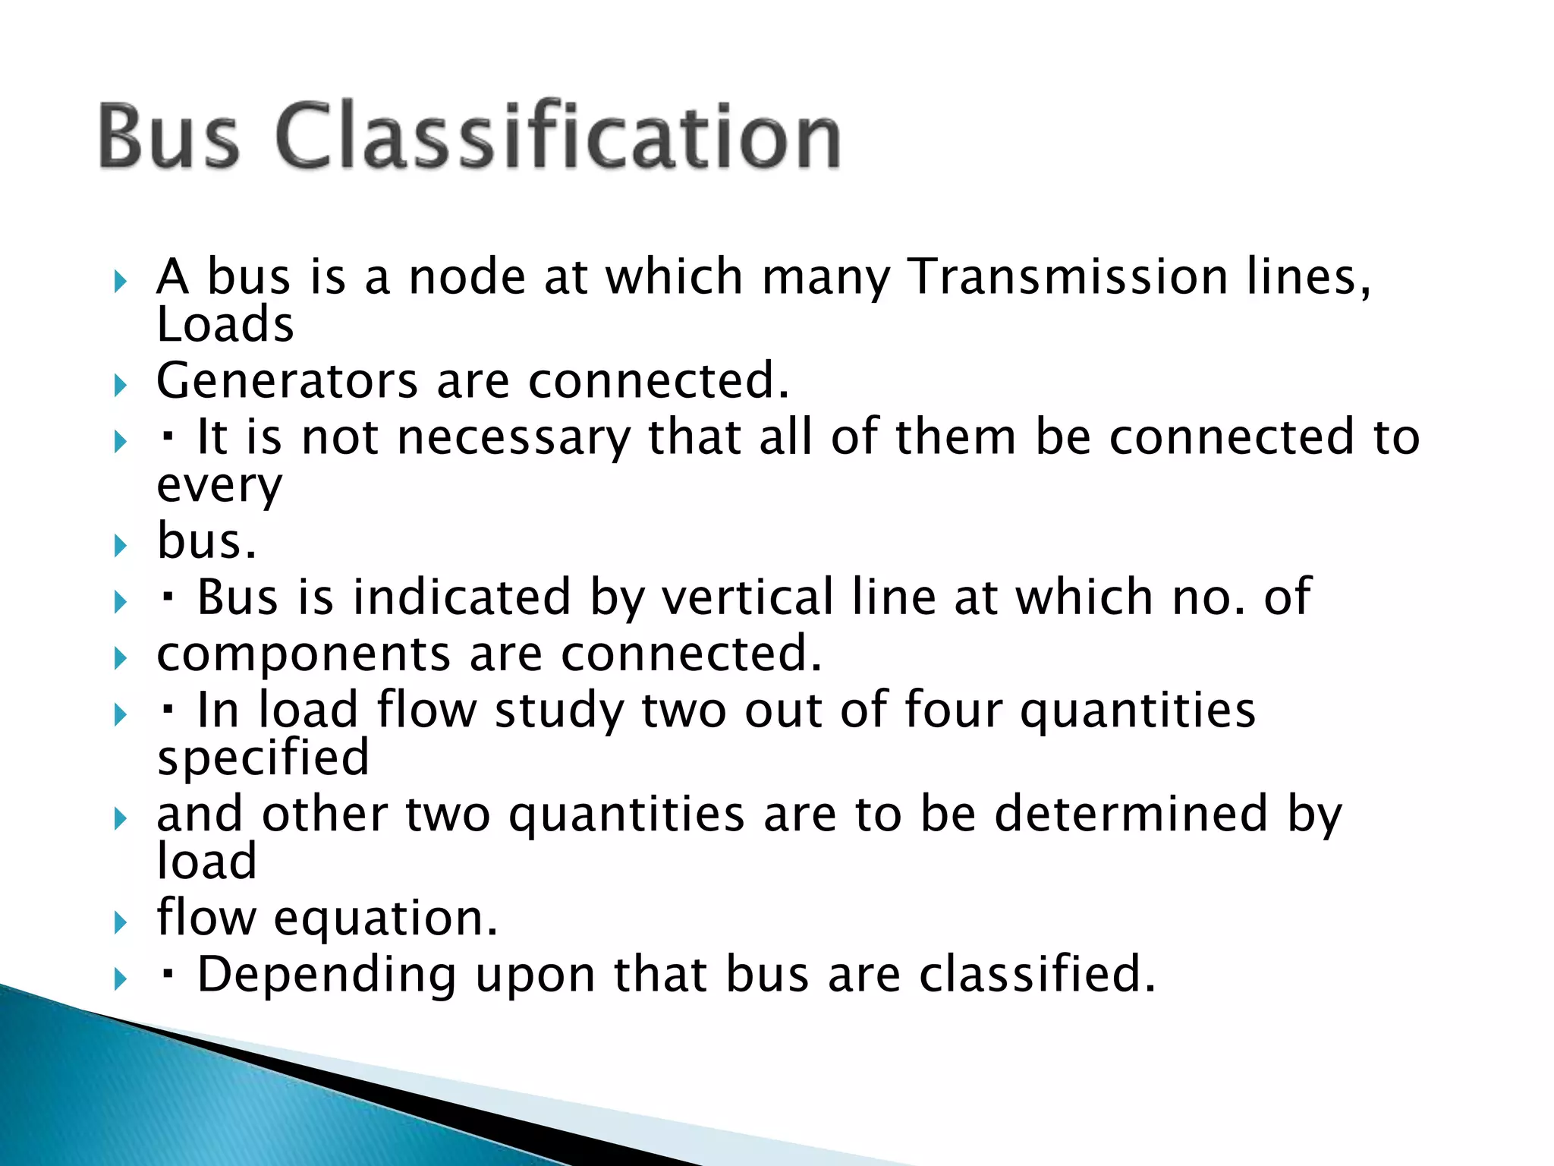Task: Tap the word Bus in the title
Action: point(168,137)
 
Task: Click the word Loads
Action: point(225,324)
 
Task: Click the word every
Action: point(219,486)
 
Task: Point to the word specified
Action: point(263,758)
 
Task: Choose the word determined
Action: point(1131,814)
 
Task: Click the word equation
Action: point(385,918)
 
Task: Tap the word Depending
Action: point(327,975)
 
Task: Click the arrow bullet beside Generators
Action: point(120,385)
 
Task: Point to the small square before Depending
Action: point(168,973)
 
